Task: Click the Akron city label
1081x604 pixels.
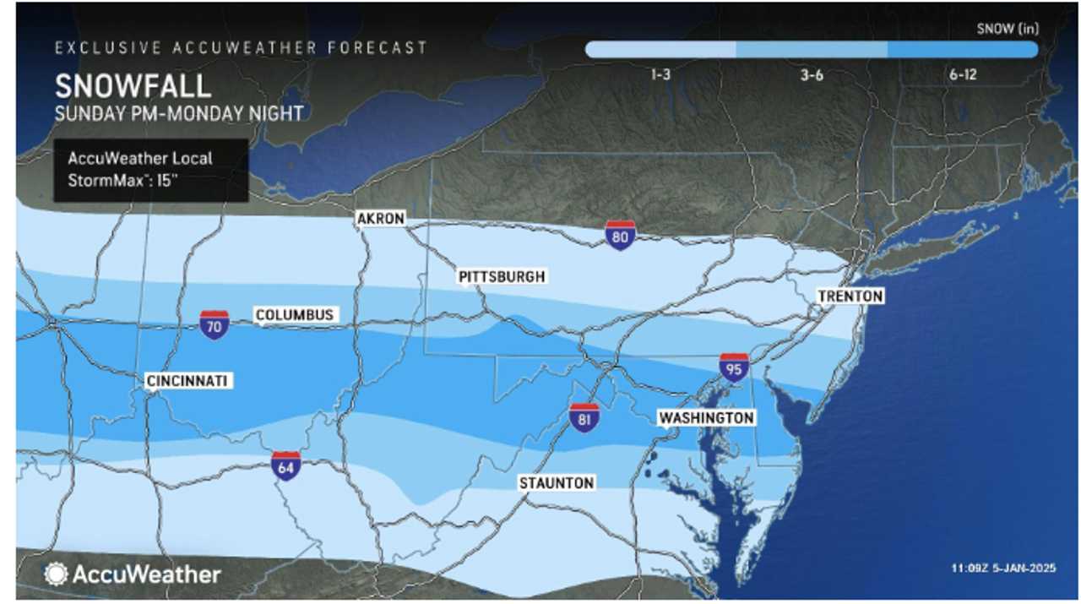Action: pyautogui.click(x=381, y=219)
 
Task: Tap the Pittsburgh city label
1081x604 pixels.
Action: pyautogui.click(x=502, y=276)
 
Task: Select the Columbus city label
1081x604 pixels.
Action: pyautogui.click(x=295, y=315)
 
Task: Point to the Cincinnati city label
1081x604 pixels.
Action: pyautogui.click(x=187, y=381)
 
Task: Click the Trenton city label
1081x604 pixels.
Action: pyautogui.click(x=850, y=296)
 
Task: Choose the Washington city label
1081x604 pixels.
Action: pyautogui.click(x=706, y=418)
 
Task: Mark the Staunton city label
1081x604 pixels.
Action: pyautogui.click(x=557, y=482)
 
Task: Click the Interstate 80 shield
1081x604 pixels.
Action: pyautogui.click(x=620, y=236)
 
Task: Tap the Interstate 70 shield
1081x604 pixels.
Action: pyautogui.click(x=215, y=324)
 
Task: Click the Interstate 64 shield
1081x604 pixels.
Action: pyautogui.click(x=285, y=465)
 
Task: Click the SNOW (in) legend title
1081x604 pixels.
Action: pyautogui.click(x=1007, y=29)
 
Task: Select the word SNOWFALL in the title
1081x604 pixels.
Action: pyautogui.click(x=133, y=87)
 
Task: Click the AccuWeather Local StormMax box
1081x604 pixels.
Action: pyautogui.click(x=151, y=171)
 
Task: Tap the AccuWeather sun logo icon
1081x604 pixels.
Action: pyautogui.click(x=57, y=574)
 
